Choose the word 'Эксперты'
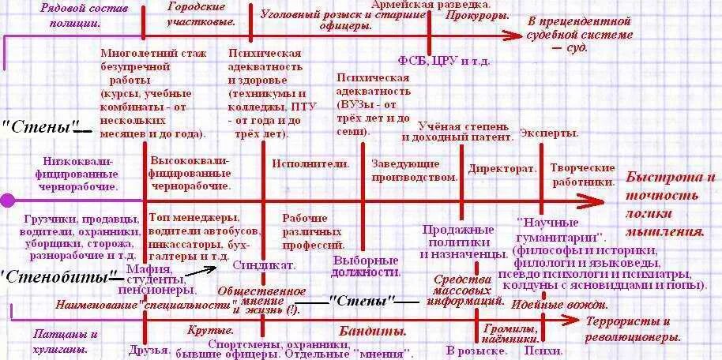pos(549,133)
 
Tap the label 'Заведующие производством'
pos(415,170)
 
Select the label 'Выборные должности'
pos(365,265)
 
